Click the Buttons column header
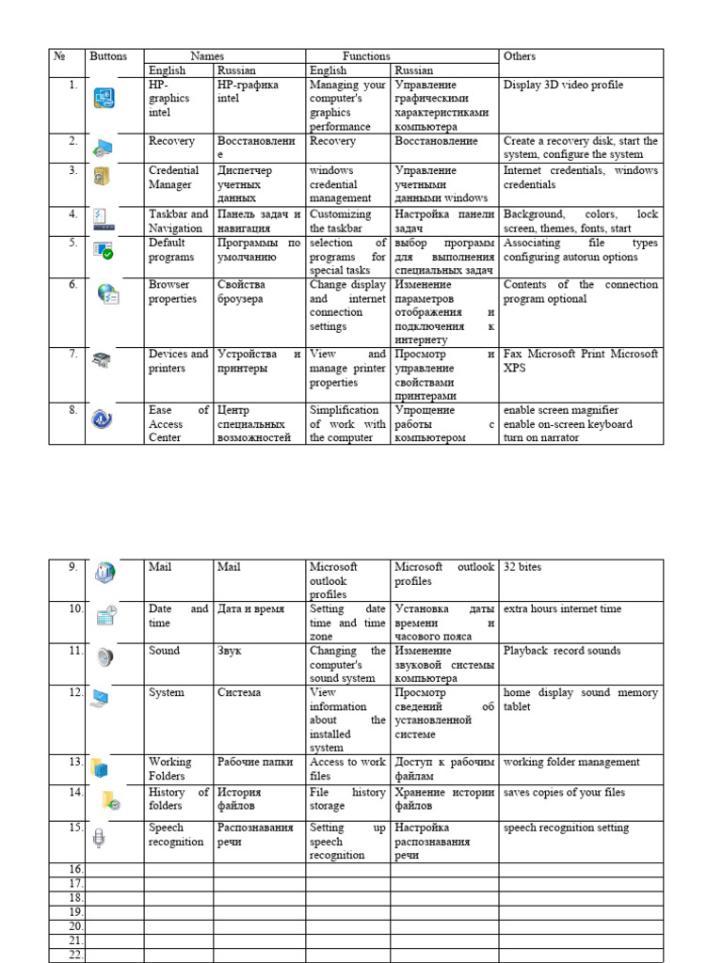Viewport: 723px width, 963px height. [x=108, y=56]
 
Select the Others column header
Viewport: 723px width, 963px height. [x=520, y=56]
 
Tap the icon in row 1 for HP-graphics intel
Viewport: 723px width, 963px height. [x=104, y=98]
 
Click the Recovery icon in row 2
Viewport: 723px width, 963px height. [x=103, y=147]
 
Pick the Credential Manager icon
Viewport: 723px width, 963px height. [x=102, y=177]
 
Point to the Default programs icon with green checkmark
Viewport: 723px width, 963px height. [x=103, y=250]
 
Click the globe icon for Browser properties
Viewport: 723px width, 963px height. [x=106, y=293]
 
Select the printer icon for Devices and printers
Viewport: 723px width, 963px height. [x=102, y=360]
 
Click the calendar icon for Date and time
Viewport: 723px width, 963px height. [x=105, y=616]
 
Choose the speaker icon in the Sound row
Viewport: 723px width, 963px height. [x=104, y=657]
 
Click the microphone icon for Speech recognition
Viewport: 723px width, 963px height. [x=99, y=837]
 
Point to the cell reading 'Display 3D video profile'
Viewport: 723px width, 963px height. [x=563, y=85]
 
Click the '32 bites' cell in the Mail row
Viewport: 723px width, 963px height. [x=522, y=567]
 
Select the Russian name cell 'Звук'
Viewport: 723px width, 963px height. [x=230, y=651]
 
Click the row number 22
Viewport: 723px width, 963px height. [x=76, y=955]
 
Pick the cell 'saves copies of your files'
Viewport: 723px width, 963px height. [x=564, y=793]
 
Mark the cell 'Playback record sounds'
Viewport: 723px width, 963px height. [x=562, y=651]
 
